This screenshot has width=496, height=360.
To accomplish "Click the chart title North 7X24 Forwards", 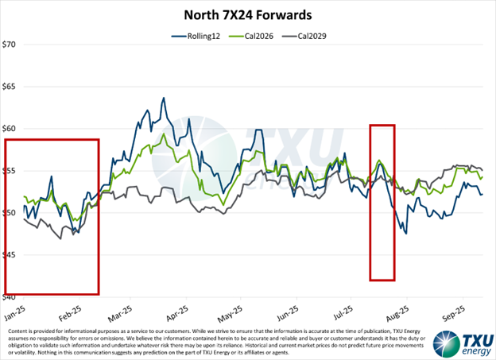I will click(248, 14).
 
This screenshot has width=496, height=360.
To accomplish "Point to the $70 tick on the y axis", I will click(10, 45).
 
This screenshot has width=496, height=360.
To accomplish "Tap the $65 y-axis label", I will click(10, 86).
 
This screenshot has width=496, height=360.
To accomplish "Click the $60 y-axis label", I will click(10, 128).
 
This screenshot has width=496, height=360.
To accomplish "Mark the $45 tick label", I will click(10, 255).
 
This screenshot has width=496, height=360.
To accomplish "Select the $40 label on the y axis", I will click(10, 297).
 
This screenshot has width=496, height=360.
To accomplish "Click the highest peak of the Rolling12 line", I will click(164, 99).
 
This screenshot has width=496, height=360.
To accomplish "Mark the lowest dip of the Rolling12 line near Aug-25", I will click(405, 233).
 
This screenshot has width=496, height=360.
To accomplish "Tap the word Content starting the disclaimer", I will click(17, 330).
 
